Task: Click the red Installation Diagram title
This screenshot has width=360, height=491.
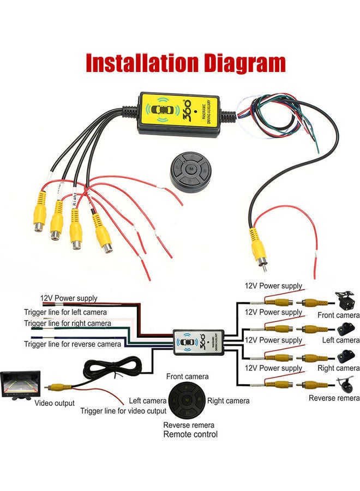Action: pyautogui.click(x=185, y=63)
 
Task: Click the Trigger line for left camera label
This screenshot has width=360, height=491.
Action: pyautogui.click(x=65, y=312)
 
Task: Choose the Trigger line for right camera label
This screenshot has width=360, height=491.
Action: pyautogui.click(x=67, y=323)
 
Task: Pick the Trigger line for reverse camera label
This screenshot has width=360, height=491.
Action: pyautogui.click(x=72, y=344)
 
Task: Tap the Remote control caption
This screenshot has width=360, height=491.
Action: pyautogui.click(x=190, y=434)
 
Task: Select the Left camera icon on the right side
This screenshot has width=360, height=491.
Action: pyautogui.click(x=345, y=328)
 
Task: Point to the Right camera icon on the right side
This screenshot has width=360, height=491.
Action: pyautogui.click(x=345, y=357)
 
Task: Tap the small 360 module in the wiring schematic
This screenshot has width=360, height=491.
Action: pyautogui.click(x=199, y=342)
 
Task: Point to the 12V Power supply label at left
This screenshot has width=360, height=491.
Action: pyautogui.click(x=69, y=298)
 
